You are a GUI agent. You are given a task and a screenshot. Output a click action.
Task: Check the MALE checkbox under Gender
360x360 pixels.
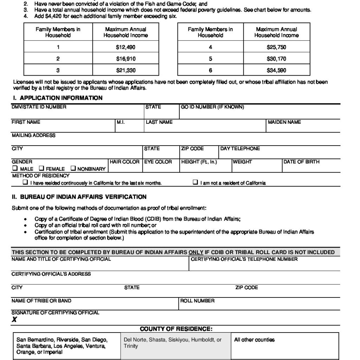pos(15,168)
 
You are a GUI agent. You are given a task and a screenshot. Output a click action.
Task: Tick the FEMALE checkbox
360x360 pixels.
pos(41,168)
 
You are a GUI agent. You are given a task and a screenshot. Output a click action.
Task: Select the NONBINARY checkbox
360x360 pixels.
pos(73,168)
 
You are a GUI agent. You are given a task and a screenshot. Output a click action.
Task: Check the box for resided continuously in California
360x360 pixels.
pos(25,182)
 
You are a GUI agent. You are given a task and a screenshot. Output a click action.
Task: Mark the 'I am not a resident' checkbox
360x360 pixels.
pos(195,182)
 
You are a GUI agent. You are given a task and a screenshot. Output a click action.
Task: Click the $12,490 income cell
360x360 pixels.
pos(126,47)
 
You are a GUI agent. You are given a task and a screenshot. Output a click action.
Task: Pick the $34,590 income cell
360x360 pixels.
pos(276,70)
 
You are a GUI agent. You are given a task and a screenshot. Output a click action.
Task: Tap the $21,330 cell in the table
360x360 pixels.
pos(126,70)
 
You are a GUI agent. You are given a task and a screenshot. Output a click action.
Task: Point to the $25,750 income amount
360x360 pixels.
pos(276,47)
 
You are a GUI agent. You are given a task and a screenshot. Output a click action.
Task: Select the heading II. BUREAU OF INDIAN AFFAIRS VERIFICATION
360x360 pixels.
pos(79,197)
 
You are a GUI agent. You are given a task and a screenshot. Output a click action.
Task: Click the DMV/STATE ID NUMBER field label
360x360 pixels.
pos(39,107)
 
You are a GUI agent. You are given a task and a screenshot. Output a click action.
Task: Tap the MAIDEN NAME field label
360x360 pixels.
pos(284,122)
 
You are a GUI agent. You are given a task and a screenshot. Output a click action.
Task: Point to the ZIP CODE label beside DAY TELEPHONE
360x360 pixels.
pos(192,149)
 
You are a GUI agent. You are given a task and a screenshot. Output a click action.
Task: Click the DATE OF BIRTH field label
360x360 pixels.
pos(301,162)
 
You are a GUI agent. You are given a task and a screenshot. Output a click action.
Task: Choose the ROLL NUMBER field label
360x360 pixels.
pos(197,301)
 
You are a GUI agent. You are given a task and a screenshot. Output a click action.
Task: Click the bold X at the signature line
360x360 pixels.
pos(14,320)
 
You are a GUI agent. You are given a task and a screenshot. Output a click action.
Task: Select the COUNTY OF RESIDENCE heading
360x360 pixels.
pos(176,329)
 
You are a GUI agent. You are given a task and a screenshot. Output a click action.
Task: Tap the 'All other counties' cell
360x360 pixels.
pos(254,340)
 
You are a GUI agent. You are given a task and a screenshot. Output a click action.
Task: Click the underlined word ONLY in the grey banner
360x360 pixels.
pos(196,252)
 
